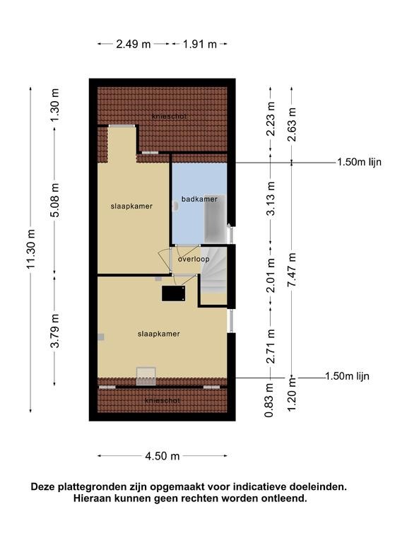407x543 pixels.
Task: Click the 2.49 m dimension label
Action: pos(134,45)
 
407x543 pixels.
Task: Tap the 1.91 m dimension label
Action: pos(200,45)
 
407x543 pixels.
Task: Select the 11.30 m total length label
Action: pos(31,249)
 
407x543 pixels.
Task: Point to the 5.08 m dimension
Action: pos(55,200)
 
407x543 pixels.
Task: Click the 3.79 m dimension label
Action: pos(55,330)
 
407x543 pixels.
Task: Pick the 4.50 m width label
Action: pos(163,456)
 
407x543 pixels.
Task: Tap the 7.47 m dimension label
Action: pos(293,270)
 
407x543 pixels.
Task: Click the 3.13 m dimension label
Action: pos(271,199)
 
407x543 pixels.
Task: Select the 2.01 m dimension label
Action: pos(271,275)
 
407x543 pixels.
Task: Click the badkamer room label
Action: pos(199,199)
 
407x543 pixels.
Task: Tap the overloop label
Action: pos(194,259)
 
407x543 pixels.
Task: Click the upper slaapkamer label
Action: pos(131,206)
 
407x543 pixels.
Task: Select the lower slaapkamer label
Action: pos(158,334)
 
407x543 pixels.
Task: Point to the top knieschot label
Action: pos(170,117)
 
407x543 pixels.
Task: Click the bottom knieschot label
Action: pos(163,401)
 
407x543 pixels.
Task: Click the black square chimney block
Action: pos(173,293)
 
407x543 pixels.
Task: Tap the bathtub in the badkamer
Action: pos(215,219)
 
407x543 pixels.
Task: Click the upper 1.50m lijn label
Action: pos(360,162)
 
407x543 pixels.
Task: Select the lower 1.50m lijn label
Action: pos(347,376)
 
